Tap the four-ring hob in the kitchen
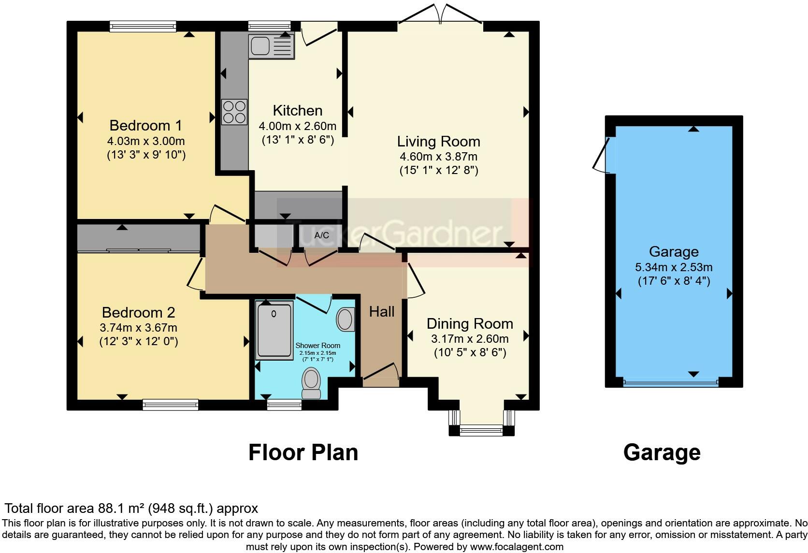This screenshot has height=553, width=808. (234, 112)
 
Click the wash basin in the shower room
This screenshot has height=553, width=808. (346, 319)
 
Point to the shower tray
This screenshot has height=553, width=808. (274, 331)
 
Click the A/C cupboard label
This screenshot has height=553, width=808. (322, 235)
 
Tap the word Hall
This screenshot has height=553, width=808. (382, 312)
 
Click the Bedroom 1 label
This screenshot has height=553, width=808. (146, 126)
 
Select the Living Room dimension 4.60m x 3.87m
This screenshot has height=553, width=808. (439, 157)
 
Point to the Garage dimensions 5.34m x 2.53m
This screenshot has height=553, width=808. (674, 267)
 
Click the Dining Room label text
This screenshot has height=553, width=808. (470, 323)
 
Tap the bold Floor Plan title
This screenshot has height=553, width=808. (303, 452)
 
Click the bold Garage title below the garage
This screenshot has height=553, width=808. (662, 453)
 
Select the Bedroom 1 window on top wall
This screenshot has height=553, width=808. (143, 26)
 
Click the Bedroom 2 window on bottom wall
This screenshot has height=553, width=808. (170, 405)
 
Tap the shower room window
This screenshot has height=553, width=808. (284, 405)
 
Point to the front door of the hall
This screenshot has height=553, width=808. (381, 371)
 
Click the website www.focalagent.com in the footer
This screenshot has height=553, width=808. (517, 547)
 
